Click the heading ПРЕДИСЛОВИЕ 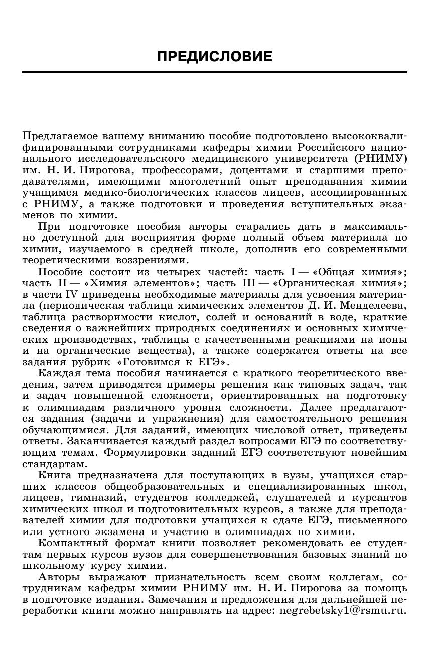point(215,56)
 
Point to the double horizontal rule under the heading point(215,73)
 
